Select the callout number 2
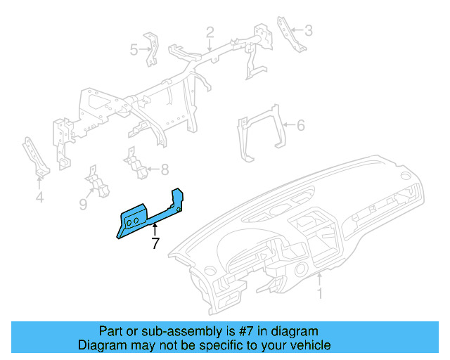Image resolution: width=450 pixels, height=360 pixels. [210, 32]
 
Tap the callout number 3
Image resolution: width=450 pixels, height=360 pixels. [308, 30]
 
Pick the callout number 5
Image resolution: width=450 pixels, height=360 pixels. [134, 49]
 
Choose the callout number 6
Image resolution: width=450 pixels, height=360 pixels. [300, 126]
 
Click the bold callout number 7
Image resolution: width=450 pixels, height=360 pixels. [155, 244]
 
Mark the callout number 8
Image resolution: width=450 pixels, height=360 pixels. [165, 169]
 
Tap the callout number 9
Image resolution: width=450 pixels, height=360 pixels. [83, 204]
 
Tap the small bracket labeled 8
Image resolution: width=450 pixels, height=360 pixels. [137, 164]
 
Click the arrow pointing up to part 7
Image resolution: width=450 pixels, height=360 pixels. [155, 228]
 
